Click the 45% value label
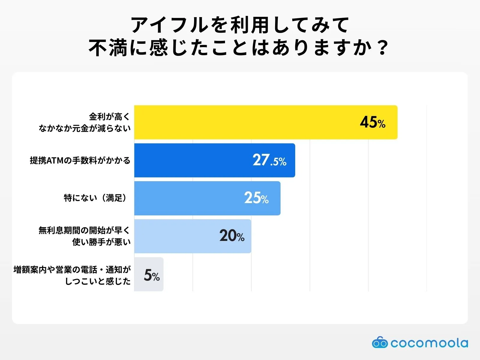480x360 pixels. click(x=373, y=122)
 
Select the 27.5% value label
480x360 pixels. click(x=269, y=160)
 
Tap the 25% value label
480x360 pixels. click(x=256, y=198)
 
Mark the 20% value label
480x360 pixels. click(x=232, y=236)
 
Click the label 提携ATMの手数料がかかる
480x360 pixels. click(x=80, y=160)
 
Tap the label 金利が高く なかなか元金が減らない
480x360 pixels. click(x=85, y=122)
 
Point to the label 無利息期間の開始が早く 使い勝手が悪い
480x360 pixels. click(x=85, y=236)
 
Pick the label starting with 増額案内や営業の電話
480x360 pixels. click(x=72, y=275)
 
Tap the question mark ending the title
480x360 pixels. click(x=382, y=48)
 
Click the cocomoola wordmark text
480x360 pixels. click(x=429, y=343)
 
